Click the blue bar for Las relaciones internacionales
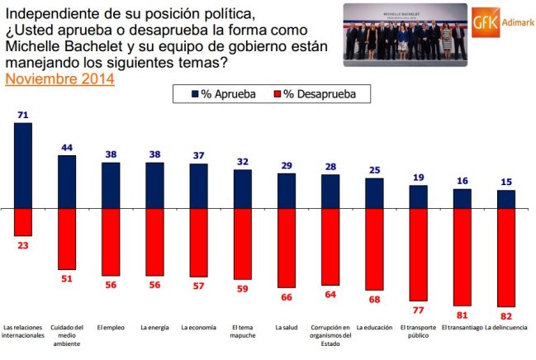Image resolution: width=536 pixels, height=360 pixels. coord(23,165)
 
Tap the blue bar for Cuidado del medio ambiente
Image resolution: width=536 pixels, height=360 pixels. coord(67,182)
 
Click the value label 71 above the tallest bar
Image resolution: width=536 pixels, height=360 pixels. coord(23,115)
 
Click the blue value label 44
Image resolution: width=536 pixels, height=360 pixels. coord(67,148)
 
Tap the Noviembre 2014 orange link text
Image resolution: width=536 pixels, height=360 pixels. coord(59,80)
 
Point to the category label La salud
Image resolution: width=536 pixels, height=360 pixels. coord(287,328)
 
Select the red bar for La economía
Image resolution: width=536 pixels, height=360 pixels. coord(198,243)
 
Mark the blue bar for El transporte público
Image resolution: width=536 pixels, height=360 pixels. coord(419,197)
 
